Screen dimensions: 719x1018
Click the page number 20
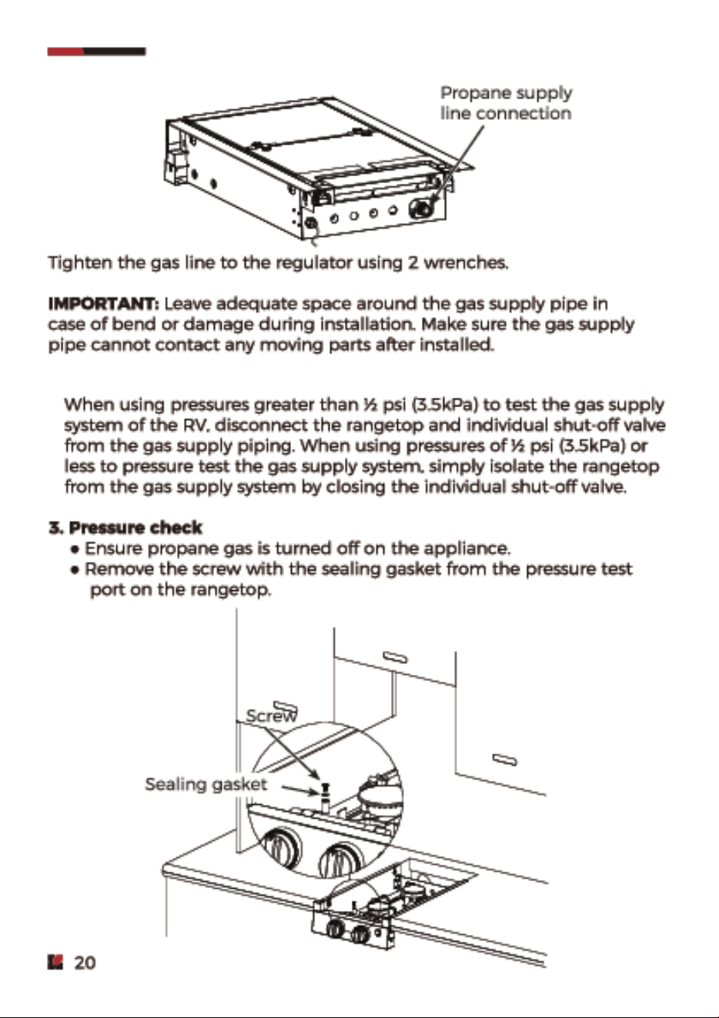pos(85,963)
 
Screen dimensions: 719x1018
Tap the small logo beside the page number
pos(55,962)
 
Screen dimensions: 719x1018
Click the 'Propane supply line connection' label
pos(506,103)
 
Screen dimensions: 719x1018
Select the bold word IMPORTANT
pos(104,304)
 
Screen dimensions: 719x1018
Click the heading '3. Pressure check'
pos(125,528)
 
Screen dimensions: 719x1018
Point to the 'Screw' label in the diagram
pos(272,716)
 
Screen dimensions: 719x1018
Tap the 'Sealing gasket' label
pos(206,784)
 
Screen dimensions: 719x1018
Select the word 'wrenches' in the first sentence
pos(464,262)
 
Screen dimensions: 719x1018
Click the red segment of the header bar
pos(66,52)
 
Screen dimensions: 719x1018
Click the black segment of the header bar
pos(115,52)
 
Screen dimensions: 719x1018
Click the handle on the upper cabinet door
pos(395,656)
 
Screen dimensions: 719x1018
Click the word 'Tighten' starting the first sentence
pos(81,262)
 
